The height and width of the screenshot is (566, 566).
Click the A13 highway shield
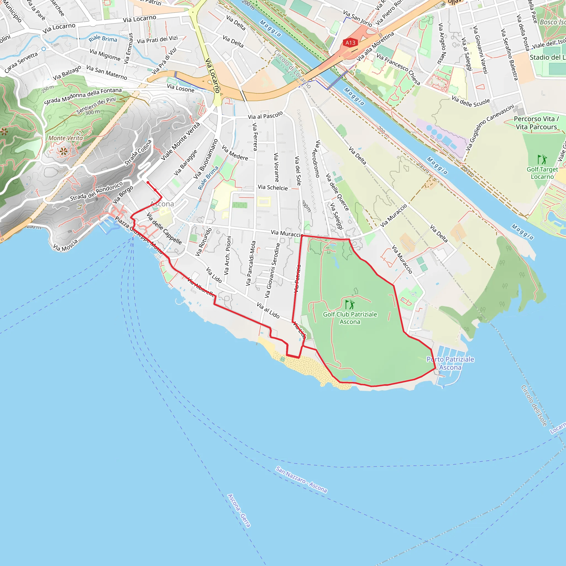[350, 43]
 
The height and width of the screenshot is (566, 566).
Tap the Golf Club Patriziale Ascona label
[350, 318]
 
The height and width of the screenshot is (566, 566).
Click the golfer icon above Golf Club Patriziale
[350, 304]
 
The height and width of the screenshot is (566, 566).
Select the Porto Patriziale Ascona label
[450, 363]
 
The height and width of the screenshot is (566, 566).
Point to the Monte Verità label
[65, 138]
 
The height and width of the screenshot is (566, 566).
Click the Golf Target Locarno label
[542, 173]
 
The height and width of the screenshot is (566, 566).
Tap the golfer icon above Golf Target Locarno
[542, 159]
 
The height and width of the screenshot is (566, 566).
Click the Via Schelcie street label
[272, 187]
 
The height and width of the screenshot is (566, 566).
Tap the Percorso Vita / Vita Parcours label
[536, 123]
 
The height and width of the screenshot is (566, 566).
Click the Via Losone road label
[180, 88]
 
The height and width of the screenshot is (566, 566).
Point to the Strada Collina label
[138, 152]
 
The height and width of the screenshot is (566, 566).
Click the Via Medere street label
[235, 153]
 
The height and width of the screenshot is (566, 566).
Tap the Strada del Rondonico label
[96, 192]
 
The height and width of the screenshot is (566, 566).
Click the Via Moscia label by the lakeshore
[65, 245]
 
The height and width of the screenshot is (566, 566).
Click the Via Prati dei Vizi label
[157, 40]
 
